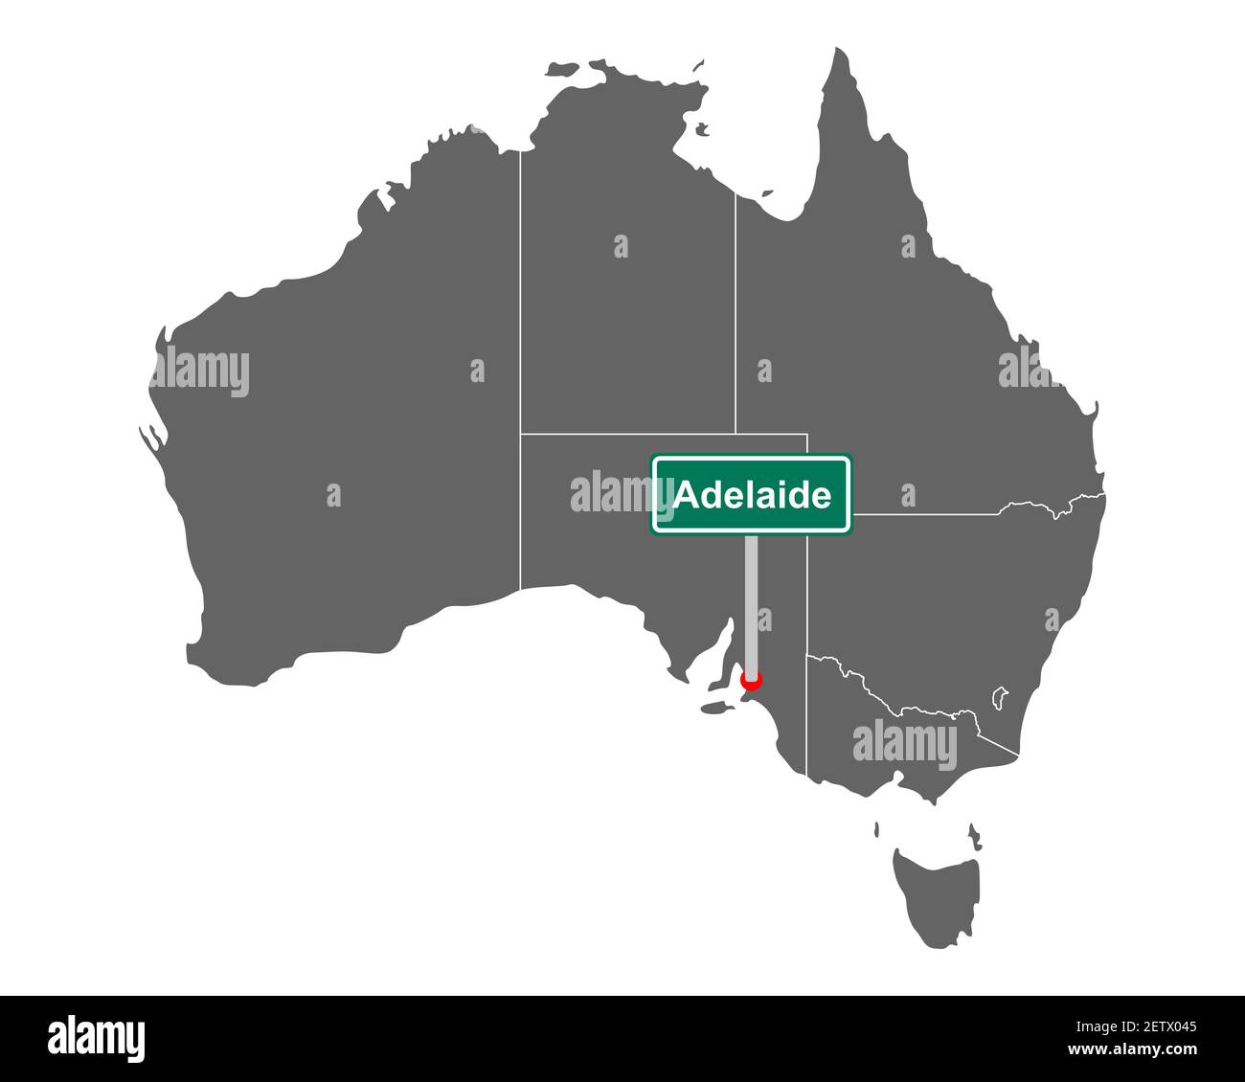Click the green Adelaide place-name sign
pos(751,494)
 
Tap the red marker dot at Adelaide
pos(752,681)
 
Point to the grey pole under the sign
pos(753,603)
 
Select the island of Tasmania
pos(937,887)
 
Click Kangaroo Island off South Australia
pos(713,708)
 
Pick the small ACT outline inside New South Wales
pos(1001,695)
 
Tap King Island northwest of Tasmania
pos(877,828)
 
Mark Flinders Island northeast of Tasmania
pos(974,836)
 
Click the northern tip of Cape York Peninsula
pos(840,52)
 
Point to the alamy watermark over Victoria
pos(904,743)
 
